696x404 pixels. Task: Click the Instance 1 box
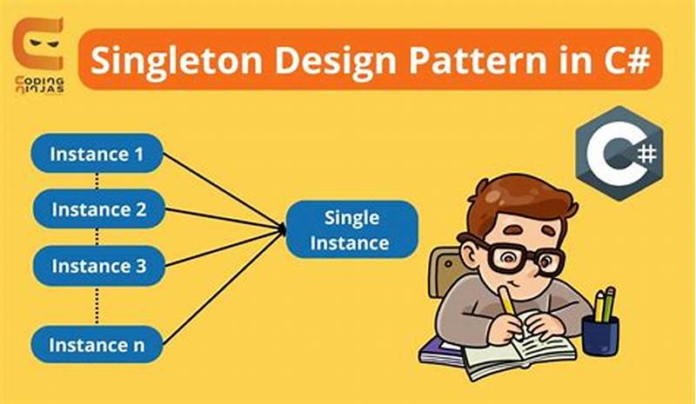pos(97,155)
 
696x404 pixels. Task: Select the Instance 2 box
pos(97,209)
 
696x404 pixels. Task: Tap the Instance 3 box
pos(97,266)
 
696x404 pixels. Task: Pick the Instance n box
pos(97,345)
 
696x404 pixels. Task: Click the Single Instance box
pos(352,229)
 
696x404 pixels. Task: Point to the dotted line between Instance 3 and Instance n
pos(97,304)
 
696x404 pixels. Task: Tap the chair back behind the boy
pos(446,269)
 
